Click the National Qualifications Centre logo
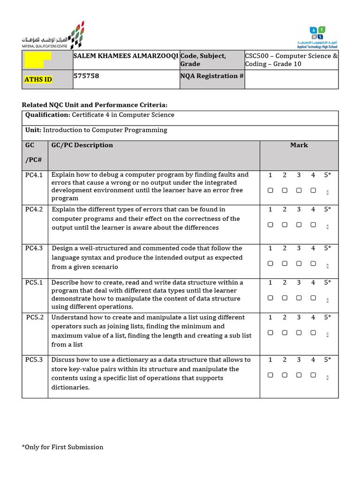click(x=53, y=36)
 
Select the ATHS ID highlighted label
click(x=38, y=79)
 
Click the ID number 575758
click(x=86, y=75)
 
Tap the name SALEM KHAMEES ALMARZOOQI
click(x=126, y=56)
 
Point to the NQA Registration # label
click(x=212, y=76)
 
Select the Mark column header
click(x=299, y=145)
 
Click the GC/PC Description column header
click(x=82, y=145)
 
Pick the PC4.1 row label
click(x=34, y=175)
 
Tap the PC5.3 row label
click(x=34, y=360)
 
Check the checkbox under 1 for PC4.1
click(x=270, y=190)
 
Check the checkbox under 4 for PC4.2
click(x=313, y=225)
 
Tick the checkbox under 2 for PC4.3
click(x=285, y=263)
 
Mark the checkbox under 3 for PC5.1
click(x=299, y=298)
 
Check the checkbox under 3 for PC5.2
click(x=299, y=332)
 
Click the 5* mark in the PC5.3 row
click(x=327, y=360)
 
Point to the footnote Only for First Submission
click(x=62, y=447)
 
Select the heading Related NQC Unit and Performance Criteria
click(x=95, y=105)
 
